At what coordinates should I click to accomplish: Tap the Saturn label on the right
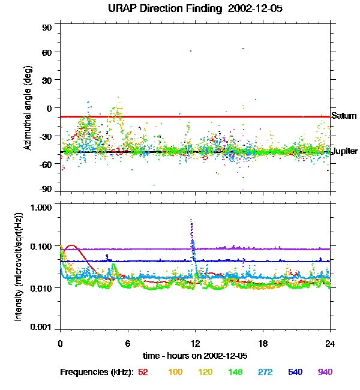coord(343,116)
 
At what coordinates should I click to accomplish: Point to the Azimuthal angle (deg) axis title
coord(28,108)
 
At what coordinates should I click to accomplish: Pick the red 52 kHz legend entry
coord(143,373)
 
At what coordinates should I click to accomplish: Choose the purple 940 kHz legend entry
coord(325,373)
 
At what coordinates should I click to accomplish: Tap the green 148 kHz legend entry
coord(235,373)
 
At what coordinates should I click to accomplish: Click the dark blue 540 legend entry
coord(295,373)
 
